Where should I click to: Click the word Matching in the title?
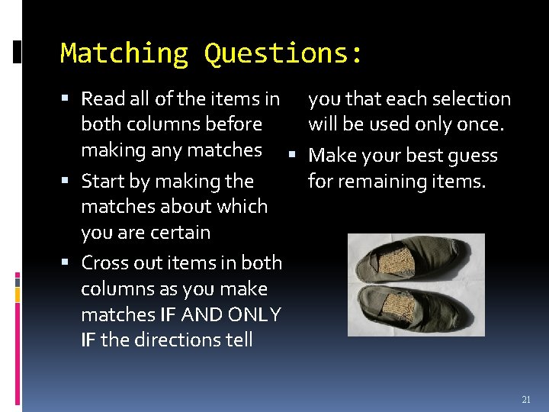click(124, 53)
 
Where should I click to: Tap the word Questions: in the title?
click(284, 53)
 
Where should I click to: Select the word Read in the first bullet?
click(101, 98)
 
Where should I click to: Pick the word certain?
click(181, 232)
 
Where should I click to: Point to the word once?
click(483, 124)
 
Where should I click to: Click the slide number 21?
click(526, 400)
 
